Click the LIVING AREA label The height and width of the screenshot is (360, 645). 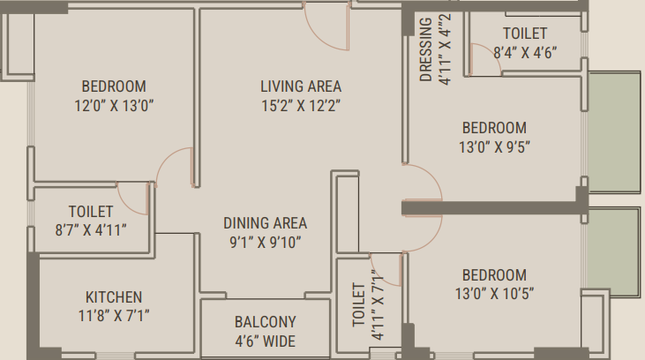click(x=301, y=86)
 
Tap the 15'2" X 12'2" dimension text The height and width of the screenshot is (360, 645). click(x=301, y=106)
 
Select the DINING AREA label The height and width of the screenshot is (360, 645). click(x=266, y=223)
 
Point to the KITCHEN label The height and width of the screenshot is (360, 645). click(x=114, y=297)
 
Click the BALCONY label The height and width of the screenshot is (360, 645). click(x=266, y=322)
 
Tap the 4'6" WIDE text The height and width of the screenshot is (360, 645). click(x=266, y=341)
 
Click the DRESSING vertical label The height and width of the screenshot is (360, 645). click(x=426, y=49)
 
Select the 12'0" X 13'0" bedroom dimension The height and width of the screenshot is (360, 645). click(x=114, y=106)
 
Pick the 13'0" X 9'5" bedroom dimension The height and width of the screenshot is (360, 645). click(x=494, y=146)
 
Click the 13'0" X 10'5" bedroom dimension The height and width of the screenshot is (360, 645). click(x=494, y=294)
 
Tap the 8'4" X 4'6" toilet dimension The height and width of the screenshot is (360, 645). click(x=525, y=53)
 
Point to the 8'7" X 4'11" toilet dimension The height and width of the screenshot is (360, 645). click(x=91, y=230)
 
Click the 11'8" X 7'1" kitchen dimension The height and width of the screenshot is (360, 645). click(x=114, y=316)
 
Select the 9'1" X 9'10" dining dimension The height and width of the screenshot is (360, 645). click(x=266, y=243)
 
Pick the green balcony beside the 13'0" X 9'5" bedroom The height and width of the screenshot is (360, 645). click(x=614, y=131)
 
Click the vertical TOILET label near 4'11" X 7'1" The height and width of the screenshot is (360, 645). click(x=359, y=304)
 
